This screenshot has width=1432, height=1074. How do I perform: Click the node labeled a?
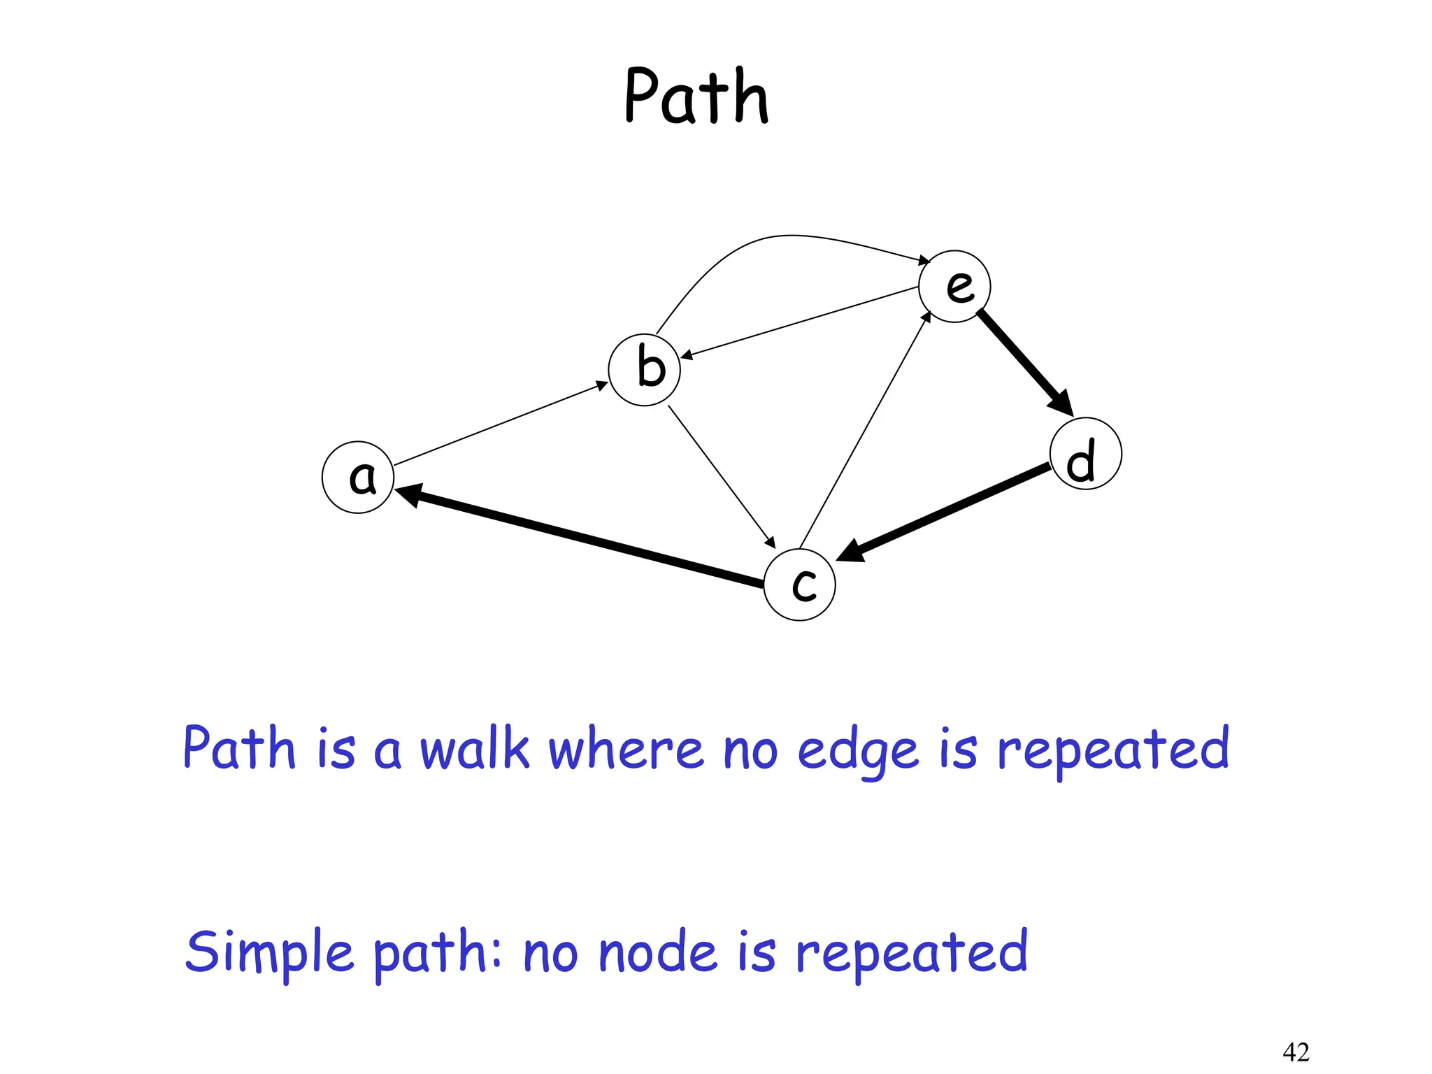coord(358,477)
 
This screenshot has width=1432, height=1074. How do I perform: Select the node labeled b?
coord(644,370)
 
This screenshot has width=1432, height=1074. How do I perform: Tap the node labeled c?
coord(799,585)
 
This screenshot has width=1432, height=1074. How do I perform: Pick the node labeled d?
coord(1085,453)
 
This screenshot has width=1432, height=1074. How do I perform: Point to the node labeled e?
coord(954,286)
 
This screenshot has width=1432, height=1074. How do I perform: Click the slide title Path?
coord(696,96)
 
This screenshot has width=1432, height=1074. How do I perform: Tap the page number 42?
coord(1296,1052)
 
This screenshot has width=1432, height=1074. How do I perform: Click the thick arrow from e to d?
coord(1022,360)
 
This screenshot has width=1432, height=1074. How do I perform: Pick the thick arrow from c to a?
coord(580,536)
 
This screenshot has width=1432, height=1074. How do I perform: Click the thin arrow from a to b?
coord(500,424)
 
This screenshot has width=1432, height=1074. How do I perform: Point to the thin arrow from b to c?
coord(720,475)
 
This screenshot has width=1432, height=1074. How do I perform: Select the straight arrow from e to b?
coord(801,322)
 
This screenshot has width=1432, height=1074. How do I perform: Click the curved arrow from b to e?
coord(776,238)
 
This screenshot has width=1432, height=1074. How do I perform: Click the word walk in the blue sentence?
coord(474,749)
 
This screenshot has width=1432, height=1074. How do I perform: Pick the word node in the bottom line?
coord(658,952)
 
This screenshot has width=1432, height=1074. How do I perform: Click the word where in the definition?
coord(625,749)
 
